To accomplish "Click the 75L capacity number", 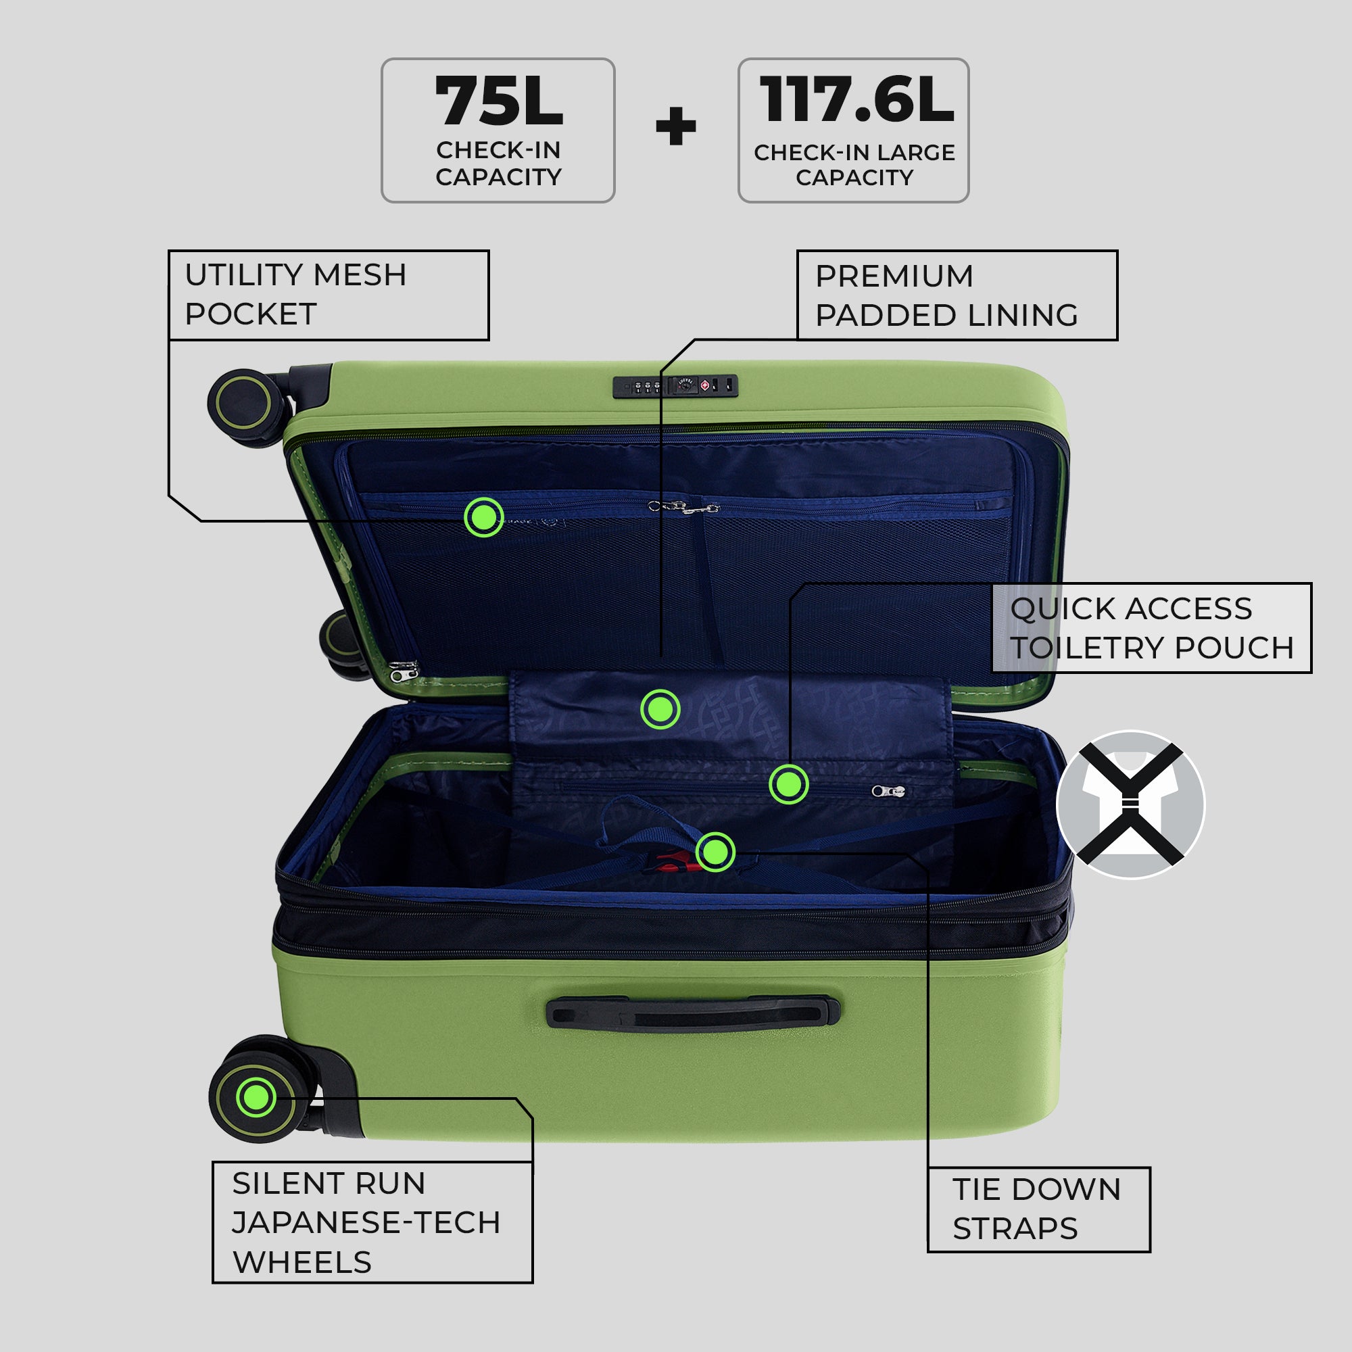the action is point(499,101).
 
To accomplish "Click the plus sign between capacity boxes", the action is point(676,126).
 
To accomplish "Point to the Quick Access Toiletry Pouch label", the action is point(1152,628).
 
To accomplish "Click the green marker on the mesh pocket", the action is point(483,517).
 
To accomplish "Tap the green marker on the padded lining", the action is point(660,709).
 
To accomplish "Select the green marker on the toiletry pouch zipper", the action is point(789,784).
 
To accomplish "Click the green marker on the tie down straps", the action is point(715,852).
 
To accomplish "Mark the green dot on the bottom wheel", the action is point(256,1096).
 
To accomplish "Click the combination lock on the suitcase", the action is point(675,386).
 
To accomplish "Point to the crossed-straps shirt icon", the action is point(1130,804).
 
